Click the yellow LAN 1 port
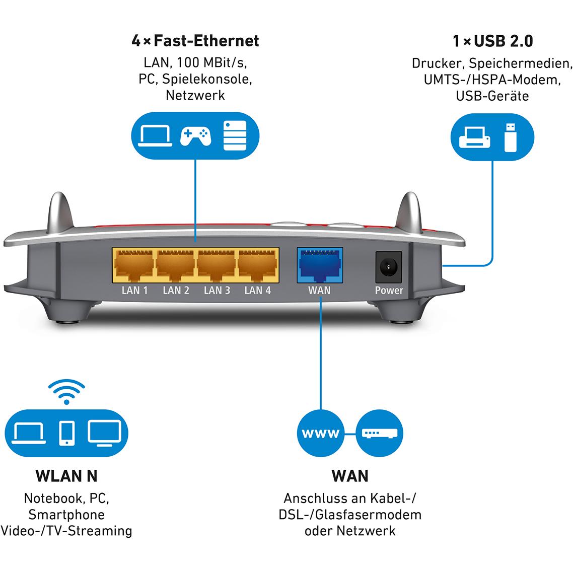tap(134, 266)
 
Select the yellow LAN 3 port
tap(217, 266)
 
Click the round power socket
tap(389, 266)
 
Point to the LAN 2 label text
tap(176, 291)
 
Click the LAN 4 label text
tap(257, 291)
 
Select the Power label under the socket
tap(389, 291)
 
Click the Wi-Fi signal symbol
tap(66, 393)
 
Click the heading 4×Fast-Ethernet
tap(195, 41)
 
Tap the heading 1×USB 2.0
tap(492, 41)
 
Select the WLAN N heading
tap(66, 476)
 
